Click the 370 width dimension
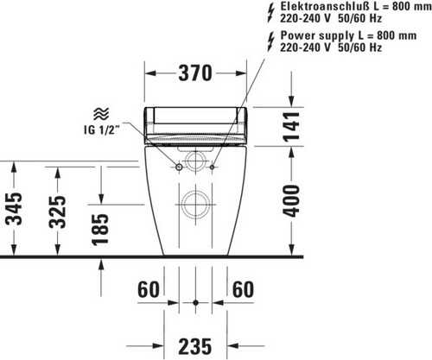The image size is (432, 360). coord(195,73)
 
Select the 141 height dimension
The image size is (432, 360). coord(291,127)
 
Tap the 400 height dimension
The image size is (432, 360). coord(291,201)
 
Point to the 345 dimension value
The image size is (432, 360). coord(14,209)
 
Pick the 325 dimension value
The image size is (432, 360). coord(57,212)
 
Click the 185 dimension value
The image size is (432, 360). coord(100,230)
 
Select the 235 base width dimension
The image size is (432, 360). coord(195,346)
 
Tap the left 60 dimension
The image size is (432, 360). coord(149,289)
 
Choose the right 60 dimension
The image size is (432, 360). coord(244,289)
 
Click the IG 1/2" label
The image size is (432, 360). coord(102,130)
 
